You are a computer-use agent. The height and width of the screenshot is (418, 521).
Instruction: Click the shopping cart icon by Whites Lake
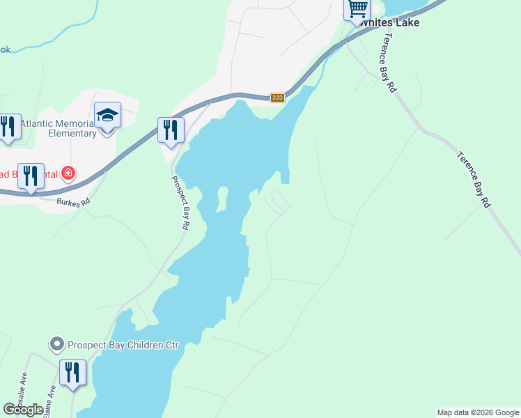[x=357, y=10]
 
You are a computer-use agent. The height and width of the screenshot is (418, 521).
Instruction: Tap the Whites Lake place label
[x=389, y=22]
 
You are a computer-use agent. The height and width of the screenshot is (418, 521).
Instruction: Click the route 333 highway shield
[x=278, y=98]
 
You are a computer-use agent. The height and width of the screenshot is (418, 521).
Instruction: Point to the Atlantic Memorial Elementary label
[x=59, y=128]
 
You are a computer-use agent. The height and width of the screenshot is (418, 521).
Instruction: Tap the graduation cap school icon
[x=108, y=115]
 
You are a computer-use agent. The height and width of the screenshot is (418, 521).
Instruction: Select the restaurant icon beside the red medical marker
[x=31, y=176]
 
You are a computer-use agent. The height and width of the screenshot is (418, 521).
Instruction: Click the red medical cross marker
[x=68, y=173]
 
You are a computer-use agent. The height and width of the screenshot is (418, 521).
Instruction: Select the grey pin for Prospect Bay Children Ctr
[x=56, y=344]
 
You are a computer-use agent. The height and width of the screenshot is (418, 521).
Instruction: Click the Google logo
[x=23, y=410]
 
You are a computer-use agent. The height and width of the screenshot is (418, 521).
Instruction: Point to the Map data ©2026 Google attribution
[x=478, y=412]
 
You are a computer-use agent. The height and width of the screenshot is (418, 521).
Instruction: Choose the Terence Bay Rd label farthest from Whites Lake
[x=474, y=178]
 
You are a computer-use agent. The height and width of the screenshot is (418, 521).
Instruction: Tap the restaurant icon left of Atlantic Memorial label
[x=8, y=127]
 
